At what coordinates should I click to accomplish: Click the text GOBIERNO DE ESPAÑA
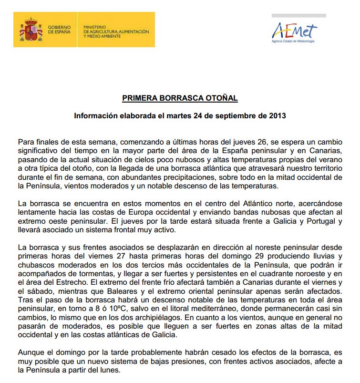pos(60,30)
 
